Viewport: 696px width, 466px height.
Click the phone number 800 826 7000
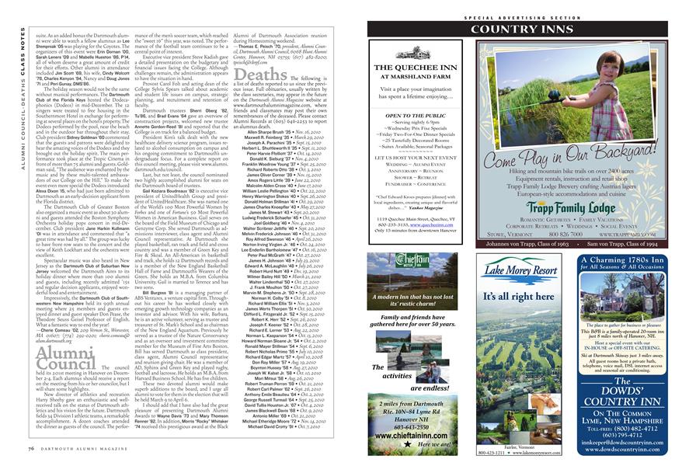(573, 231)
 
